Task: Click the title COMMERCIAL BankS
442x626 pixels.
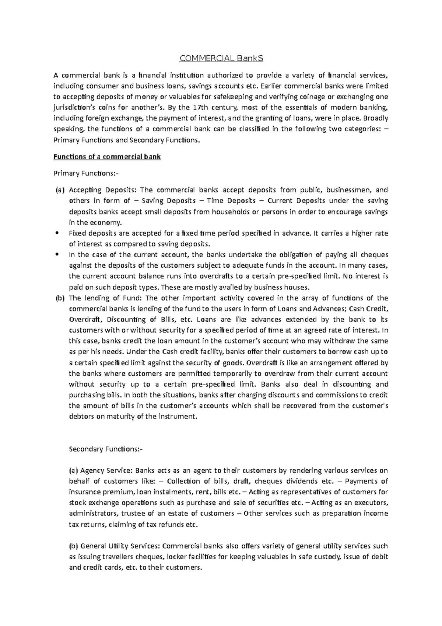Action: coord(221,58)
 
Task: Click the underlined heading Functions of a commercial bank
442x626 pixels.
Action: coord(107,157)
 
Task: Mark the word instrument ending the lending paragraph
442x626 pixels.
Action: coord(178,417)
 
